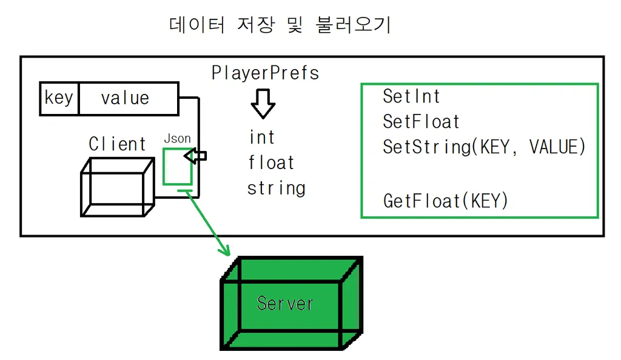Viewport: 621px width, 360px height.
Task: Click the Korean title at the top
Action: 279,25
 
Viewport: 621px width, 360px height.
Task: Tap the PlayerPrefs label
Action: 265,73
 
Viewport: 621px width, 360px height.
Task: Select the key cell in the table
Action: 59,98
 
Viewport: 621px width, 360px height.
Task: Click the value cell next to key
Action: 125,98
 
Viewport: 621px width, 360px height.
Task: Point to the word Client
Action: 117,144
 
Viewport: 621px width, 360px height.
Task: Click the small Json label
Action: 177,139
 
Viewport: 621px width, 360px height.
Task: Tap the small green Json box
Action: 177,166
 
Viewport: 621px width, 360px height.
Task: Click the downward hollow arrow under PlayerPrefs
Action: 263,104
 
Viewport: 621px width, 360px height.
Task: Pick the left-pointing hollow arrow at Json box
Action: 196,156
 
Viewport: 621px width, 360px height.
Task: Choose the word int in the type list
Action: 262,138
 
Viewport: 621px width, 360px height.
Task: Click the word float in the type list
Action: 271,162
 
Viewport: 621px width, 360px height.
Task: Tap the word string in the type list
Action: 276,188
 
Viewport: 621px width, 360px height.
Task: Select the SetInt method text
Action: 411,96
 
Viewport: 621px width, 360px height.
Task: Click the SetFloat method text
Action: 421,122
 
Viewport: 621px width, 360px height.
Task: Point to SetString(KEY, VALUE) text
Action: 484,147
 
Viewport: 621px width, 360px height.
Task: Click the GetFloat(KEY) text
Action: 445,201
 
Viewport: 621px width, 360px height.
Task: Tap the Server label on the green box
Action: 285,302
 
